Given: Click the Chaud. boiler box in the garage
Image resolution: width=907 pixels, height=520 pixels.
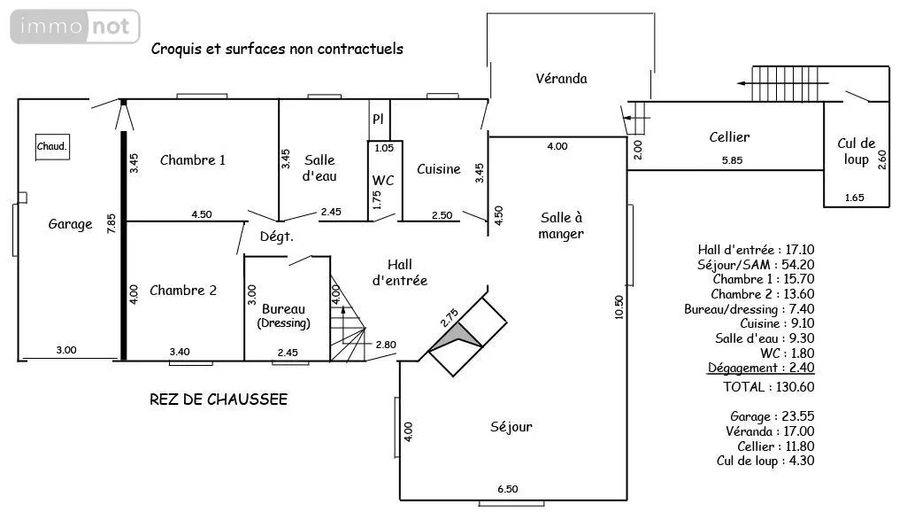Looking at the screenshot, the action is pyautogui.click(x=52, y=146).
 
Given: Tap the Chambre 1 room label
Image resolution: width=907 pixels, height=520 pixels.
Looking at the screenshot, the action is pyautogui.click(x=193, y=159).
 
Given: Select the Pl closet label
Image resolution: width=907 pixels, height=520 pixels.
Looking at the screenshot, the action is pyautogui.click(x=378, y=119).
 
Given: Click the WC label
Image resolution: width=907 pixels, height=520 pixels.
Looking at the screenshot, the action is pyautogui.click(x=383, y=180).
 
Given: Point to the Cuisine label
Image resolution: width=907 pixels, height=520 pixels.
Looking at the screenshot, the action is pyautogui.click(x=439, y=169).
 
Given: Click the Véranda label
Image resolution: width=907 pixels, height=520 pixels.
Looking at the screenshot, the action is pyautogui.click(x=561, y=78).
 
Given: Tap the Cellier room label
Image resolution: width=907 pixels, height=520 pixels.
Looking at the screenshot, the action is pyautogui.click(x=729, y=137).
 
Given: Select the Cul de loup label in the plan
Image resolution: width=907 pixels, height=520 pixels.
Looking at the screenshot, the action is pyautogui.click(x=856, y=151).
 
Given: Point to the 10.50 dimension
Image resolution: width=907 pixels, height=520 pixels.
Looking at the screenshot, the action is pyautogui.click(x=619, y=307).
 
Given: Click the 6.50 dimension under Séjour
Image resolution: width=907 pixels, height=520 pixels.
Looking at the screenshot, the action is pyautogui.click(x=508, y=489).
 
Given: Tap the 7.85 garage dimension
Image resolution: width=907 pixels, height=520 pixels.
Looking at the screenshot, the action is pyautogui.click(x=111, y=223).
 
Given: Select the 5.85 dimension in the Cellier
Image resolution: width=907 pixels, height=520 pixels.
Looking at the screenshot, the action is pyautogui.click(x=733, y=159).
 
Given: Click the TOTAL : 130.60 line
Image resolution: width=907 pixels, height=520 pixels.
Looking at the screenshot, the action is pyautogui.click(x=768, y=387).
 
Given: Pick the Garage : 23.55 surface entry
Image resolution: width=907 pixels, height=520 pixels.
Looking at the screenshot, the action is pyautogui.click(x=772, y=416).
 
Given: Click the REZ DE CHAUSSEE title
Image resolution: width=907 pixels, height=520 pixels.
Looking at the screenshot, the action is pyautogui.click(x=219, y=400).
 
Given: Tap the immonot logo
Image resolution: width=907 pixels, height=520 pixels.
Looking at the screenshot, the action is pyautogui.click(x=75, y=27).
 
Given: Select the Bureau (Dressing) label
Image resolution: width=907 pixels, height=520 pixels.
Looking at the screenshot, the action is pyautogui.click(x=283, y=315).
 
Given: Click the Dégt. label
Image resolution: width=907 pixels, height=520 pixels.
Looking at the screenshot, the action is pyautogui.click(x=276, y=237).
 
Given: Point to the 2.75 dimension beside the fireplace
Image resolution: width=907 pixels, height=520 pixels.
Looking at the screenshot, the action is pyautogui.click(x=450, y=318).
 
